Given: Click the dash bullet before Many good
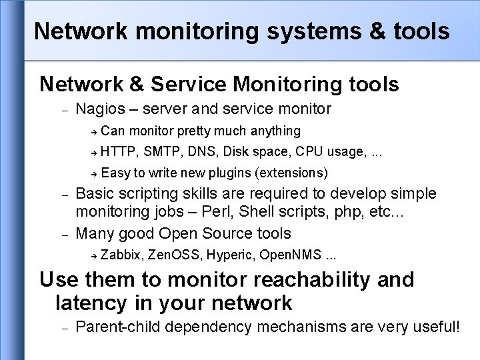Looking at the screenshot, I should coord(65,235).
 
